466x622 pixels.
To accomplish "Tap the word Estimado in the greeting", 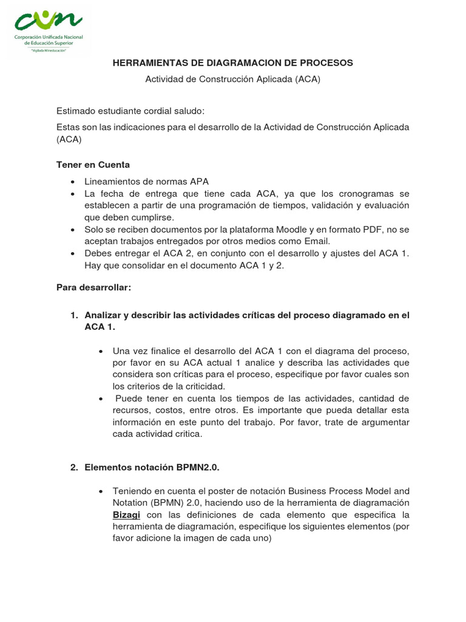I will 77,111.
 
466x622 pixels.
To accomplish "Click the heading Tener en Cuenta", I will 93,165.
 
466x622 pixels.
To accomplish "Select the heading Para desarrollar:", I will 93,287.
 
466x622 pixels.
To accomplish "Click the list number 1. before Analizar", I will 74,315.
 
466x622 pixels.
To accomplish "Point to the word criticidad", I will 203,386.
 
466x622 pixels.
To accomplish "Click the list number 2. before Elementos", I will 74,467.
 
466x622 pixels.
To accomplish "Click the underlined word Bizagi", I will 126,514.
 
